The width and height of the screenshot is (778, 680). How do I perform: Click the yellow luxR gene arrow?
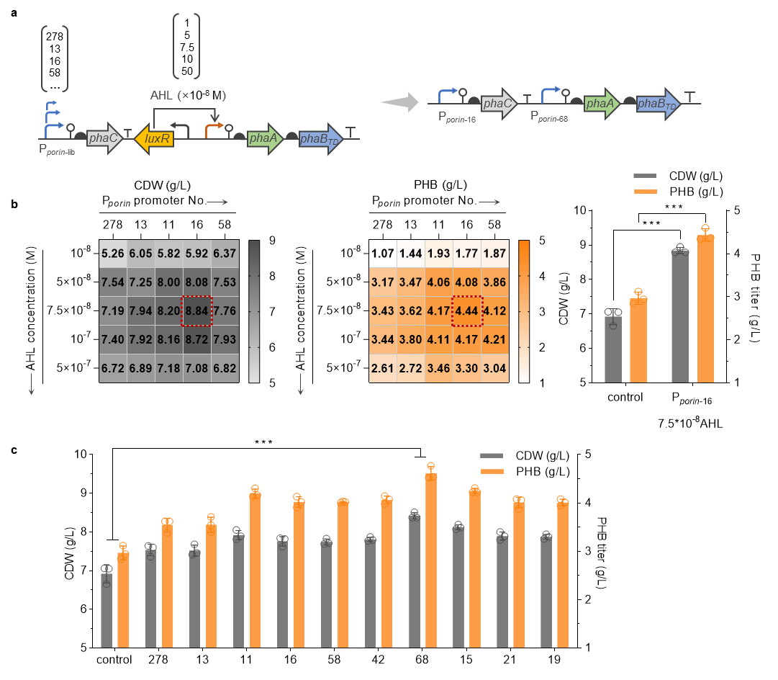[x=153, y=138]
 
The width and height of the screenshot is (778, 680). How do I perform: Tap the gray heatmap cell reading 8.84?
[x=196, y=310]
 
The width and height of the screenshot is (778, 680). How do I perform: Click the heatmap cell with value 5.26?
[x=113, y=254]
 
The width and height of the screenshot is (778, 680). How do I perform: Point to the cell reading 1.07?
[x=383, y=254]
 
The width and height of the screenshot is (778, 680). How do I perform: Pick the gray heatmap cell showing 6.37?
[x=225, y=254]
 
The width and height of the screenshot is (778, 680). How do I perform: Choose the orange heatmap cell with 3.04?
[x=495, y=367]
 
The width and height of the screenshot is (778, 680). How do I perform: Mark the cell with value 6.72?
[x=113, y=367]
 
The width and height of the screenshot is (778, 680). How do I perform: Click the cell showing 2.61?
[x=383, y=367]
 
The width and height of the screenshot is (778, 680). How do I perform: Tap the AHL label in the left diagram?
[x=162, y=95]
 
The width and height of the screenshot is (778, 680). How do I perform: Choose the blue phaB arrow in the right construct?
[x=659, y=104]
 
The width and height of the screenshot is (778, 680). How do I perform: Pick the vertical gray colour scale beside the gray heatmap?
[x=253, y=310]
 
